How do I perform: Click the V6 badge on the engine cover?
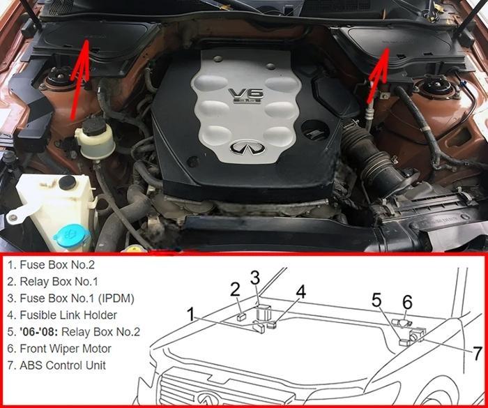(x=246, y=96)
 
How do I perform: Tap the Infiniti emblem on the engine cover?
(x=247, y=148)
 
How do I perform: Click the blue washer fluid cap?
(x=72, y=236)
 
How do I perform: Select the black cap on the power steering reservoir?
(x=94, y=126)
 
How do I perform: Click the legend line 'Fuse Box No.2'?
(x=51, y=265)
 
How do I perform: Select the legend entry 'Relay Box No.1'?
(x=52, y=282)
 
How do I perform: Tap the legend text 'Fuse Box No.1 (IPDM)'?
(x=71, y=299)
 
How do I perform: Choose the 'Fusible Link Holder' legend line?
(x=62, y=315)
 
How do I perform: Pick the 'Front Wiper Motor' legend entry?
(x=59, y=349)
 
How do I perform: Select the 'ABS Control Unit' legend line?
(x=56, y=365)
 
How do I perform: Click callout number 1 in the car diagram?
(x=191, y=315)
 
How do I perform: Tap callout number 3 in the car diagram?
(x=255, y=278)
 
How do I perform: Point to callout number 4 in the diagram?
(x=300, y=292)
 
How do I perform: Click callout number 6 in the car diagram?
(x=407, y=302)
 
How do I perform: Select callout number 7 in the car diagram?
(x=478, y=354)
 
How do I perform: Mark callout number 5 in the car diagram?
(x=376, y=300)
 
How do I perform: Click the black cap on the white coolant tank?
(x=68, y=183)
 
